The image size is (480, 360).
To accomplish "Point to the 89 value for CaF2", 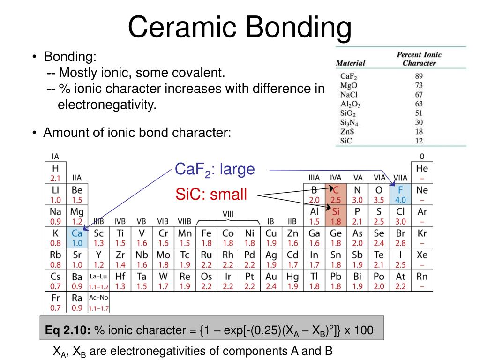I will click(x=419, y=76).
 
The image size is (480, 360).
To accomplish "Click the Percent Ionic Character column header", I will click(x=419, y=59).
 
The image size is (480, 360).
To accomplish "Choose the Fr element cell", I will click(x=55, y=302).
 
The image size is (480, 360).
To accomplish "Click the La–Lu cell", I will click(x=98, y=281).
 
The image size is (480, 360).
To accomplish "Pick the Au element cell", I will click(x=271, y=281).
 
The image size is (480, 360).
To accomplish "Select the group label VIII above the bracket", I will click(x=228, y=214).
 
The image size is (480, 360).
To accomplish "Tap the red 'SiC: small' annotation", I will click(x=211, y=195).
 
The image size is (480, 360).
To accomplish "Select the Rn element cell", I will click(x=422, y=281).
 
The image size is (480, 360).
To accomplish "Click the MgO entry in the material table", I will click(x=348, y=85).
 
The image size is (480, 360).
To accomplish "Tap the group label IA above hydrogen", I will click(x=55, y=157).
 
